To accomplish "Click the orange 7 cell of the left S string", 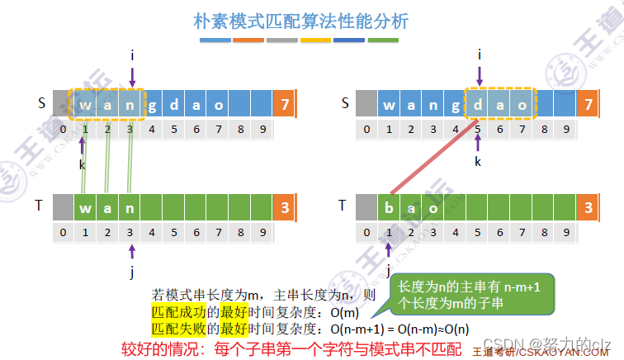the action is (285, 105).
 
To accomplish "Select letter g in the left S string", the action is (153, 105).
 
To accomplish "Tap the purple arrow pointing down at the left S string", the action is (132, 77).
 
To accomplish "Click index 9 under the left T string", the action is (262, 233).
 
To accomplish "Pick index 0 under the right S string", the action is (366, 129).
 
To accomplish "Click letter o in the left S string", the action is (219, 105).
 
